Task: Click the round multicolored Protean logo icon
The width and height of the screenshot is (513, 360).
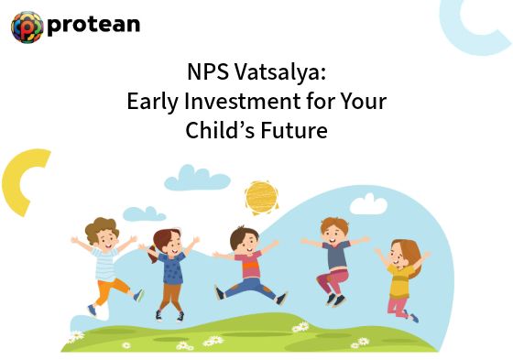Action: (x=27, y=27)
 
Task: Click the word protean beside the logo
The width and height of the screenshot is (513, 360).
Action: (x=93, y=26)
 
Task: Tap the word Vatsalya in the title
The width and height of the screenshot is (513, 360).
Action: (x=279, y=72)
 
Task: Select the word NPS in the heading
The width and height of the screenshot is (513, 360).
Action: (x=207, y=71)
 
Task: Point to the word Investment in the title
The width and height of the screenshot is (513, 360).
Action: (x=243, y=101)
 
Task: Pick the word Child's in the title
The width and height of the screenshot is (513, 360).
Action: (x=220, y=129)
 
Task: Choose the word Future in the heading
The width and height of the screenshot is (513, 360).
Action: (x=294, y=130)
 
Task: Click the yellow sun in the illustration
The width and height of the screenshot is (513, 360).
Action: (x=261, y=197)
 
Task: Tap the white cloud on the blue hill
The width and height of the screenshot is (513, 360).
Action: (x=368, y=204)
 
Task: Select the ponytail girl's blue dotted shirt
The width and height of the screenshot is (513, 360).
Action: (x=172, y=268)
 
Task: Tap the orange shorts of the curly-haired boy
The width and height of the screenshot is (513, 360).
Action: (x=111, y=289)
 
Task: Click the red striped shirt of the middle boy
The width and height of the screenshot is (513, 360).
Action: (x=249, y=265)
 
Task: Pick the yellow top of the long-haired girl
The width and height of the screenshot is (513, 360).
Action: (x=399, y=281)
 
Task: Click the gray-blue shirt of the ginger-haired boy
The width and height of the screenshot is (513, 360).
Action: (x=336, y=256)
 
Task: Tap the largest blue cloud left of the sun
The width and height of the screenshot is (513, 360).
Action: (x=197, y=179)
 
